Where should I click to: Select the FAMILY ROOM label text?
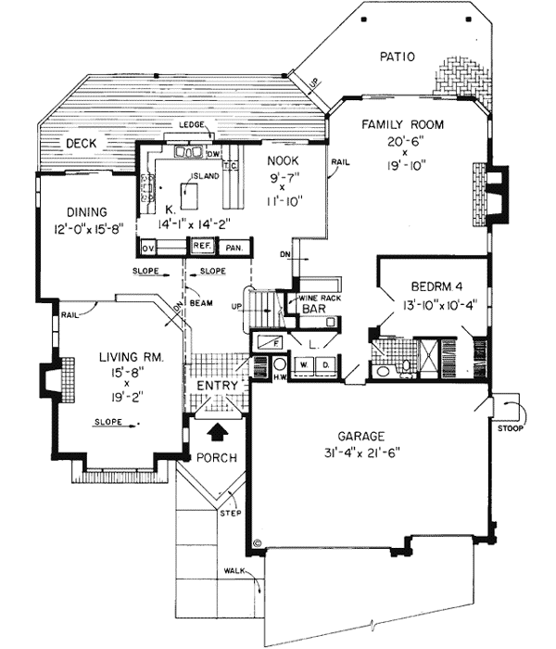click(x=402, y=124)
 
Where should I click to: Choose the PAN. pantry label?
click(x=234, y=247)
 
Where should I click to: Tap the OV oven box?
click(x=146, y=248)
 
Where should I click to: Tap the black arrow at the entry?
click(x=218, y=430)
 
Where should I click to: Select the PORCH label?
click(x=216, y=458)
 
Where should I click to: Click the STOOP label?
click(x=510, y=429)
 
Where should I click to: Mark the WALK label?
click(x=234, y=572)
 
